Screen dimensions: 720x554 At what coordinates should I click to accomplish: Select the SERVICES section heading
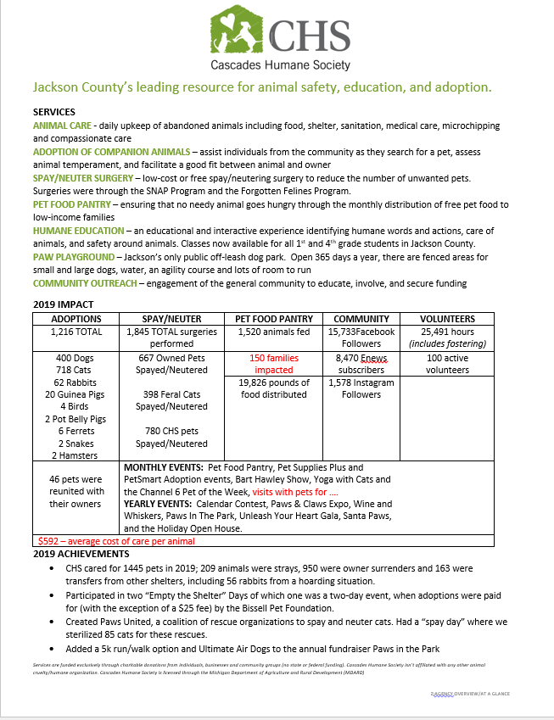point(53,112)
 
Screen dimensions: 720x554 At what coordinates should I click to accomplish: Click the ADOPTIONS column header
point(76,319)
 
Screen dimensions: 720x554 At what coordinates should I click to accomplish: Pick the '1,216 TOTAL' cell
point(76,332)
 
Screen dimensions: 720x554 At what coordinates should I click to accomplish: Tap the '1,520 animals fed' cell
point(275,332)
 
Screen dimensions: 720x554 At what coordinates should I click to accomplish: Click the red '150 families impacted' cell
point(275,364)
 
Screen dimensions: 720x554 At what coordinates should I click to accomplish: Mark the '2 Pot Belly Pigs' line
point(76,419)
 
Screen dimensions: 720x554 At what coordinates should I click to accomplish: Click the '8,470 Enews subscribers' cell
point(363,364)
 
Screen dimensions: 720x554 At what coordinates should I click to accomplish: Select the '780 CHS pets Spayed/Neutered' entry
point(176,437)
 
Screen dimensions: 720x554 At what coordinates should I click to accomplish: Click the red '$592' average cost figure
point(49,540)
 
